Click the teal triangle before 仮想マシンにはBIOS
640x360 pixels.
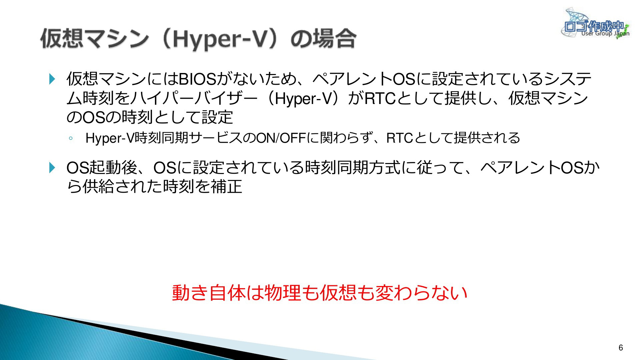52,79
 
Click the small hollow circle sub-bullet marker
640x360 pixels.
70,138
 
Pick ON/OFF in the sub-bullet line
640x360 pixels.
281,138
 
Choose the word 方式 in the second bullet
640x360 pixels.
384,167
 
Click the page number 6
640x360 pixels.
621,348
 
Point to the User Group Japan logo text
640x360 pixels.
605,34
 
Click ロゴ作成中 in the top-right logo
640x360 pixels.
593,26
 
